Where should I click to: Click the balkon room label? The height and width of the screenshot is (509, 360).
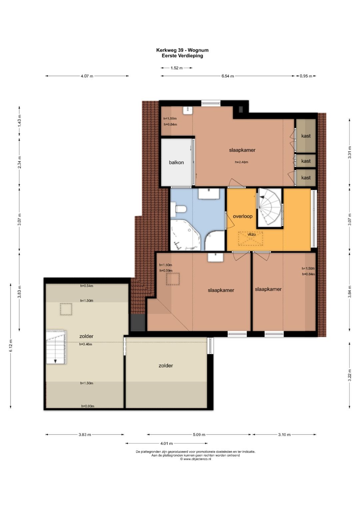tap(176, 162)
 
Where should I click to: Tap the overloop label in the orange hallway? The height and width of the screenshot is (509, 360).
tap(243, 216)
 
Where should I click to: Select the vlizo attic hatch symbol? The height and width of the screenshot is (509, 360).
tap(250, 239)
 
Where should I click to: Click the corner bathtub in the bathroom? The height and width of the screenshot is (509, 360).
tap(185, 235)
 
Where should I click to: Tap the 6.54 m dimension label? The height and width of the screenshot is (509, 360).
tap(227, 76)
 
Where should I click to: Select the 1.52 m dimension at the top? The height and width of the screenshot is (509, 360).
tap(177, 68)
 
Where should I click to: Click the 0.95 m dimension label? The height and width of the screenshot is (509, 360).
tap(306, 76)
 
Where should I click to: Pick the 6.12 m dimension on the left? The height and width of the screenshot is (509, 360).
tap(11, 345)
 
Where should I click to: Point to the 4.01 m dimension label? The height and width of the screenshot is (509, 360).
tap(166, 443)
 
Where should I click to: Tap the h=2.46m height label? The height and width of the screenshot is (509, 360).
tap(241, 162)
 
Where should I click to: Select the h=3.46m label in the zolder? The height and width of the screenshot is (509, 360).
tap(85, 344)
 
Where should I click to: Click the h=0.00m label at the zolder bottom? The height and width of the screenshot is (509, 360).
tap(88, 406)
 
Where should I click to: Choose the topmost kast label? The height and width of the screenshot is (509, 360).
tap(306, 136)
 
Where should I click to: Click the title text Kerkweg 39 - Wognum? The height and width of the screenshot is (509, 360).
tap(182, 50)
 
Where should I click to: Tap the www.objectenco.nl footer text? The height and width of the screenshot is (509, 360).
tap(195, 459)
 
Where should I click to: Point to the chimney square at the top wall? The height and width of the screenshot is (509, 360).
tap(241, 109)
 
